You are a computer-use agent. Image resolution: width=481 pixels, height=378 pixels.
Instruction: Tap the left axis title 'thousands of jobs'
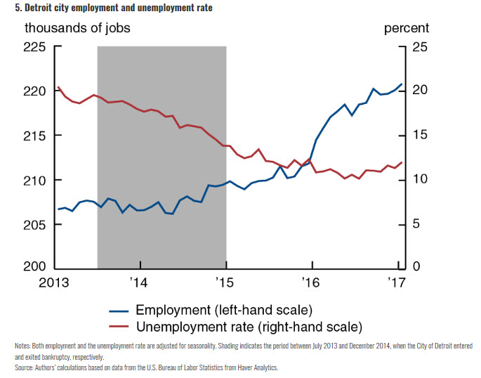point(77,29)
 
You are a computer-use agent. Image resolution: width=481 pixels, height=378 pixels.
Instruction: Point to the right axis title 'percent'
point(406,29)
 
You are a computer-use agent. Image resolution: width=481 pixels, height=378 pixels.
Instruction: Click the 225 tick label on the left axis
point(34,47)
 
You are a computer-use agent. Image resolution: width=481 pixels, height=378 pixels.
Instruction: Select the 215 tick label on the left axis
point(34,136)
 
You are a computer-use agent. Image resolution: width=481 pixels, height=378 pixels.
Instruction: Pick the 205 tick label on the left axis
point(34,224)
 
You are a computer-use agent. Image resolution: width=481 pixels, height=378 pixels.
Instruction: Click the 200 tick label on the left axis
point(34,268)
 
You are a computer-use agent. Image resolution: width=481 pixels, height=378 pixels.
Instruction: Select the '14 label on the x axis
point(140,284)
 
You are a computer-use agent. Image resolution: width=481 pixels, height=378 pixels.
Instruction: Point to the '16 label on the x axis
point(310,284)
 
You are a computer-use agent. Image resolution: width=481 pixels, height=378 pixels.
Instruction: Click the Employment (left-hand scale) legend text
point(223,310)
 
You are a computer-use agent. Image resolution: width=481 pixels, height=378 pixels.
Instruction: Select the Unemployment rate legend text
point(248,327)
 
